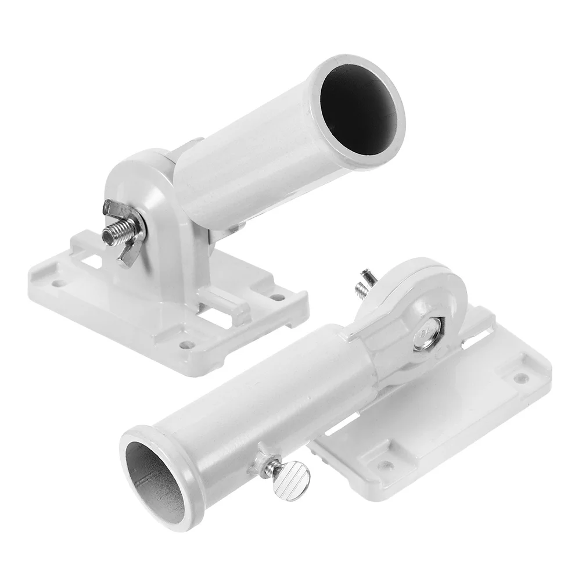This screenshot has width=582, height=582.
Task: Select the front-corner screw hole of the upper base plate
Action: (x=186, y=344)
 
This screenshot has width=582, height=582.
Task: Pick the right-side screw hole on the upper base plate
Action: (x=281, y=297)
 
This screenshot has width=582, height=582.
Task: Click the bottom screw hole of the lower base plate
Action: (x=385, y=465)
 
